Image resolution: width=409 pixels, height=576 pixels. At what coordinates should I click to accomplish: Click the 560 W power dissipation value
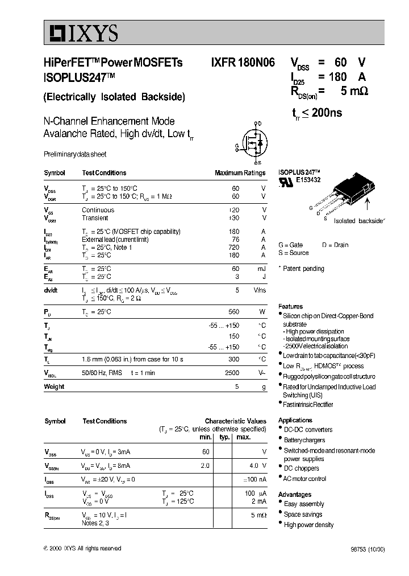coord(233,312)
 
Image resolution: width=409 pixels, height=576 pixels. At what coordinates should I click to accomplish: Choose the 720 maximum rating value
coord(233,248)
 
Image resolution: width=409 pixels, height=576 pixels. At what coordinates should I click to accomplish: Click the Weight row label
coord(54,387)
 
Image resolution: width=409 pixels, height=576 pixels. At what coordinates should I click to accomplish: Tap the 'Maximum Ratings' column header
coord(240,173)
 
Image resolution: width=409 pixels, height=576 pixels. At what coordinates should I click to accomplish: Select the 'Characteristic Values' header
coord(235,421)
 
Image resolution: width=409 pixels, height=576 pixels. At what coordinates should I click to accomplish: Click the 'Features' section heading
coord(290,306)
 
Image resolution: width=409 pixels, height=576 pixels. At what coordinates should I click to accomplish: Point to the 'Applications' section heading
coord(295,420)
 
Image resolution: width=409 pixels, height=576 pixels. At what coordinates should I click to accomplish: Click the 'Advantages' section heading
coord(295,495)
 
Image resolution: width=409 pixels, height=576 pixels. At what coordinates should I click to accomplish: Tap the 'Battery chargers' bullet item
coord(304,440)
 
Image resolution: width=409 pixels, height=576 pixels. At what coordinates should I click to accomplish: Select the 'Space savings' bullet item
coord(303,515)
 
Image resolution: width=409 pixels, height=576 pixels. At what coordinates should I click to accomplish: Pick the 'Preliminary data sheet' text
coord(75,154)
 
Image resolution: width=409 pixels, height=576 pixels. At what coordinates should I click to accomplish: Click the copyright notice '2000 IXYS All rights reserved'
coord(82,548)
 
